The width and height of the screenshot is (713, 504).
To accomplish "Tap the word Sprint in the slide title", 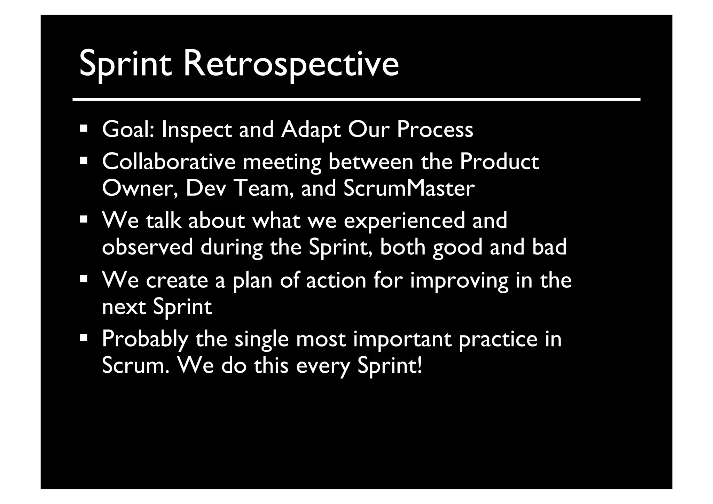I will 126,64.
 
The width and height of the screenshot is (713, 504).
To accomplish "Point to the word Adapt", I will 311,130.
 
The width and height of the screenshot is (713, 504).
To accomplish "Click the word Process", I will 435,129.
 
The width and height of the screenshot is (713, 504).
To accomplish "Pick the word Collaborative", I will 169,162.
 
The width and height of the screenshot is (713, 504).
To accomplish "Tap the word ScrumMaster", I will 409,188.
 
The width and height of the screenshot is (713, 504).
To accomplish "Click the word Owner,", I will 140,188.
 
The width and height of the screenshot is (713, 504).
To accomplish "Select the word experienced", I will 404,221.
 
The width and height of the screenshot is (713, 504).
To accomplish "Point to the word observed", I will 147,247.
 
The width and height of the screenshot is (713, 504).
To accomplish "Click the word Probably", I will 145,339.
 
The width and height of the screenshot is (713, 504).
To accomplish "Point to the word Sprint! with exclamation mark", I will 390,366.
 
